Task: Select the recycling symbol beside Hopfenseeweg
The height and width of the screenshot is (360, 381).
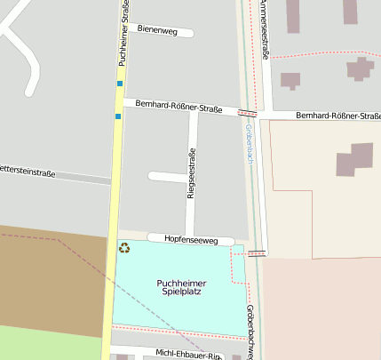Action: tap(124, 248)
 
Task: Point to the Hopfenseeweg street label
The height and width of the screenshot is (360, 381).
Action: tap(190, 239)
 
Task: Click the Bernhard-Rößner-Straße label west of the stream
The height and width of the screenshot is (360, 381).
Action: tap(179, 107)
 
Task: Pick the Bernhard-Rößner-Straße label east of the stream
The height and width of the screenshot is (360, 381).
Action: tap(337, 116)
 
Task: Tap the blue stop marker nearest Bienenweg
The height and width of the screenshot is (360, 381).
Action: tap(120, 84)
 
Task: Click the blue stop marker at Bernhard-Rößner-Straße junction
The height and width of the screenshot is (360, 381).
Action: tap(117, 116)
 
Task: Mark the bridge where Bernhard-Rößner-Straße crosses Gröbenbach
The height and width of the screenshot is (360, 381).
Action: tap(248, 113)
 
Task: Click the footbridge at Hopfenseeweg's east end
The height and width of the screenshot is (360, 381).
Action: tap(257, 253)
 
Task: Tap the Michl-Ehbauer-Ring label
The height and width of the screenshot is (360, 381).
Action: tap(187, 354)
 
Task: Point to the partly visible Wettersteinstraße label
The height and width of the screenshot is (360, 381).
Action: tap(27, 171)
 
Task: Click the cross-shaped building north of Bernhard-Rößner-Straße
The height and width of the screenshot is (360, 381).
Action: tap(359, 69)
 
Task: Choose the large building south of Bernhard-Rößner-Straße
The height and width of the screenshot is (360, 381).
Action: tap(354, 164)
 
